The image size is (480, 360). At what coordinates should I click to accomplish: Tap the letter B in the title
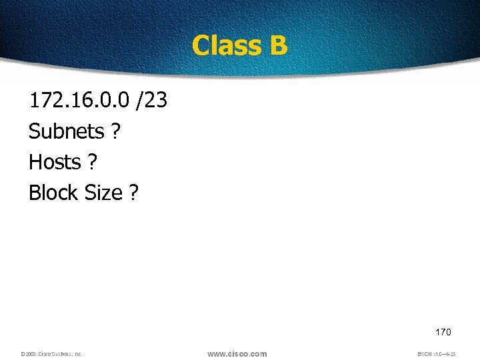click(x=279, y=46)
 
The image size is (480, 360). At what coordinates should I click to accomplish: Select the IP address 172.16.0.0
click(x=79, y=101)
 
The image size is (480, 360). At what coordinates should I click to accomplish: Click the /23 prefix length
click(x=151, y=101)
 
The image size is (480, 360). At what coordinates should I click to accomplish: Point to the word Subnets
click(x=66, y=131)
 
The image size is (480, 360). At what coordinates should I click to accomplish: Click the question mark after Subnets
click(x=116, y=131)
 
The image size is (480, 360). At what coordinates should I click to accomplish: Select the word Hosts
click(x=55, y=162)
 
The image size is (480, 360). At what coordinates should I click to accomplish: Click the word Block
click(x=53, y=193)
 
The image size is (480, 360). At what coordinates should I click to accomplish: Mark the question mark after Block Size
click(x=134, y=193)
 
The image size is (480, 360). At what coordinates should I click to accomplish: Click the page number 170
click(x=443, y=331)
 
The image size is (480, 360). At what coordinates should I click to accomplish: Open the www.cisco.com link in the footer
click(x=237, y=353)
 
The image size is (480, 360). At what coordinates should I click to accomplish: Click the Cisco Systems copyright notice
click(x=51, y=354)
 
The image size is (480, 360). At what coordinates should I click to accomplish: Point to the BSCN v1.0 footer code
click(x=436, y=354)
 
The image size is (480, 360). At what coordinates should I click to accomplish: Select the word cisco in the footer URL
click(x=238, y=353)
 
